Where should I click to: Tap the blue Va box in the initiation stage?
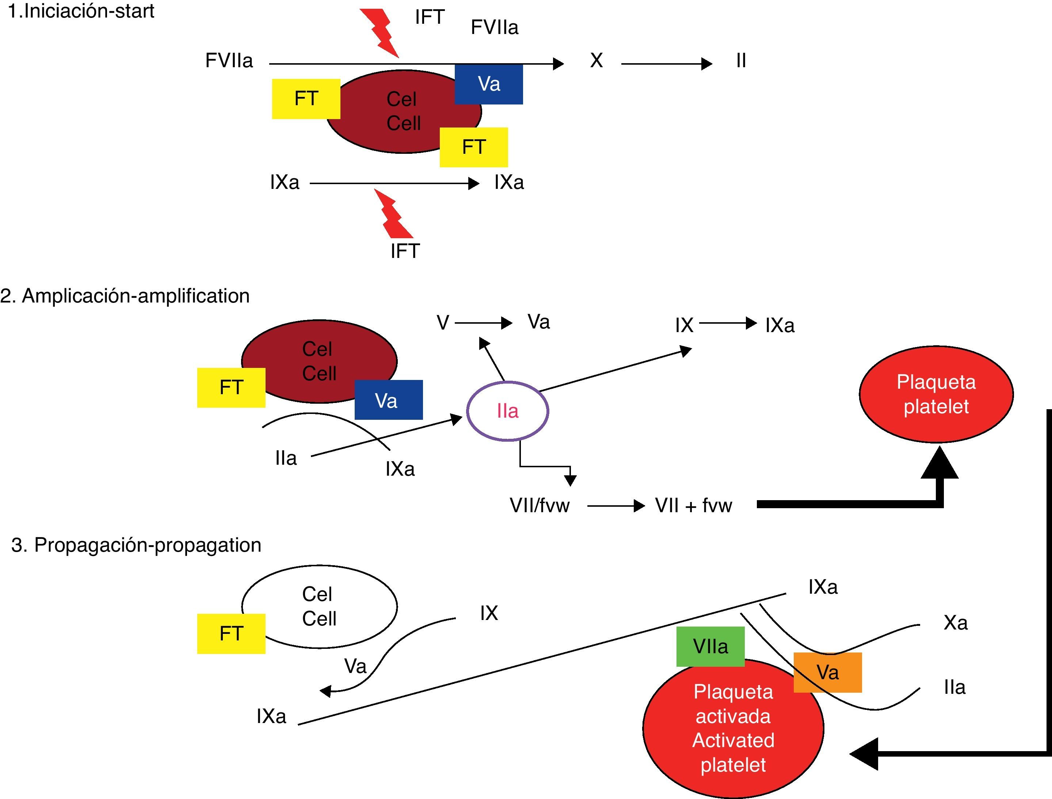[x=488, y=84]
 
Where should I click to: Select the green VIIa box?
[x=710, y=646]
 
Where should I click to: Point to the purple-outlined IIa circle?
[x=507, y=411]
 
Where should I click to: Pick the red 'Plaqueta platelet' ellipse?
[x=936, y=394]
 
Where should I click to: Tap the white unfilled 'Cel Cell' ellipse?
[x=319, y=606]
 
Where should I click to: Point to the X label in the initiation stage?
[x=596, y=60]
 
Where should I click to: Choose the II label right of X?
[x=741, y=60]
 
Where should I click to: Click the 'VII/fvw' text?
[x=539, y=505]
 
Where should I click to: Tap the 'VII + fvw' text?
[x=693, y=505]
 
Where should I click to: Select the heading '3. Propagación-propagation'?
[x=136, y=545]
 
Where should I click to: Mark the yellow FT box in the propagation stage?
[x=231, y=634]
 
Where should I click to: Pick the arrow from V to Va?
[x=483, y=323]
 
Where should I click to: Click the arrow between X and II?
[x=666, y=63]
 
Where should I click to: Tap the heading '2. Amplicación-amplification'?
[x=125, y=296]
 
